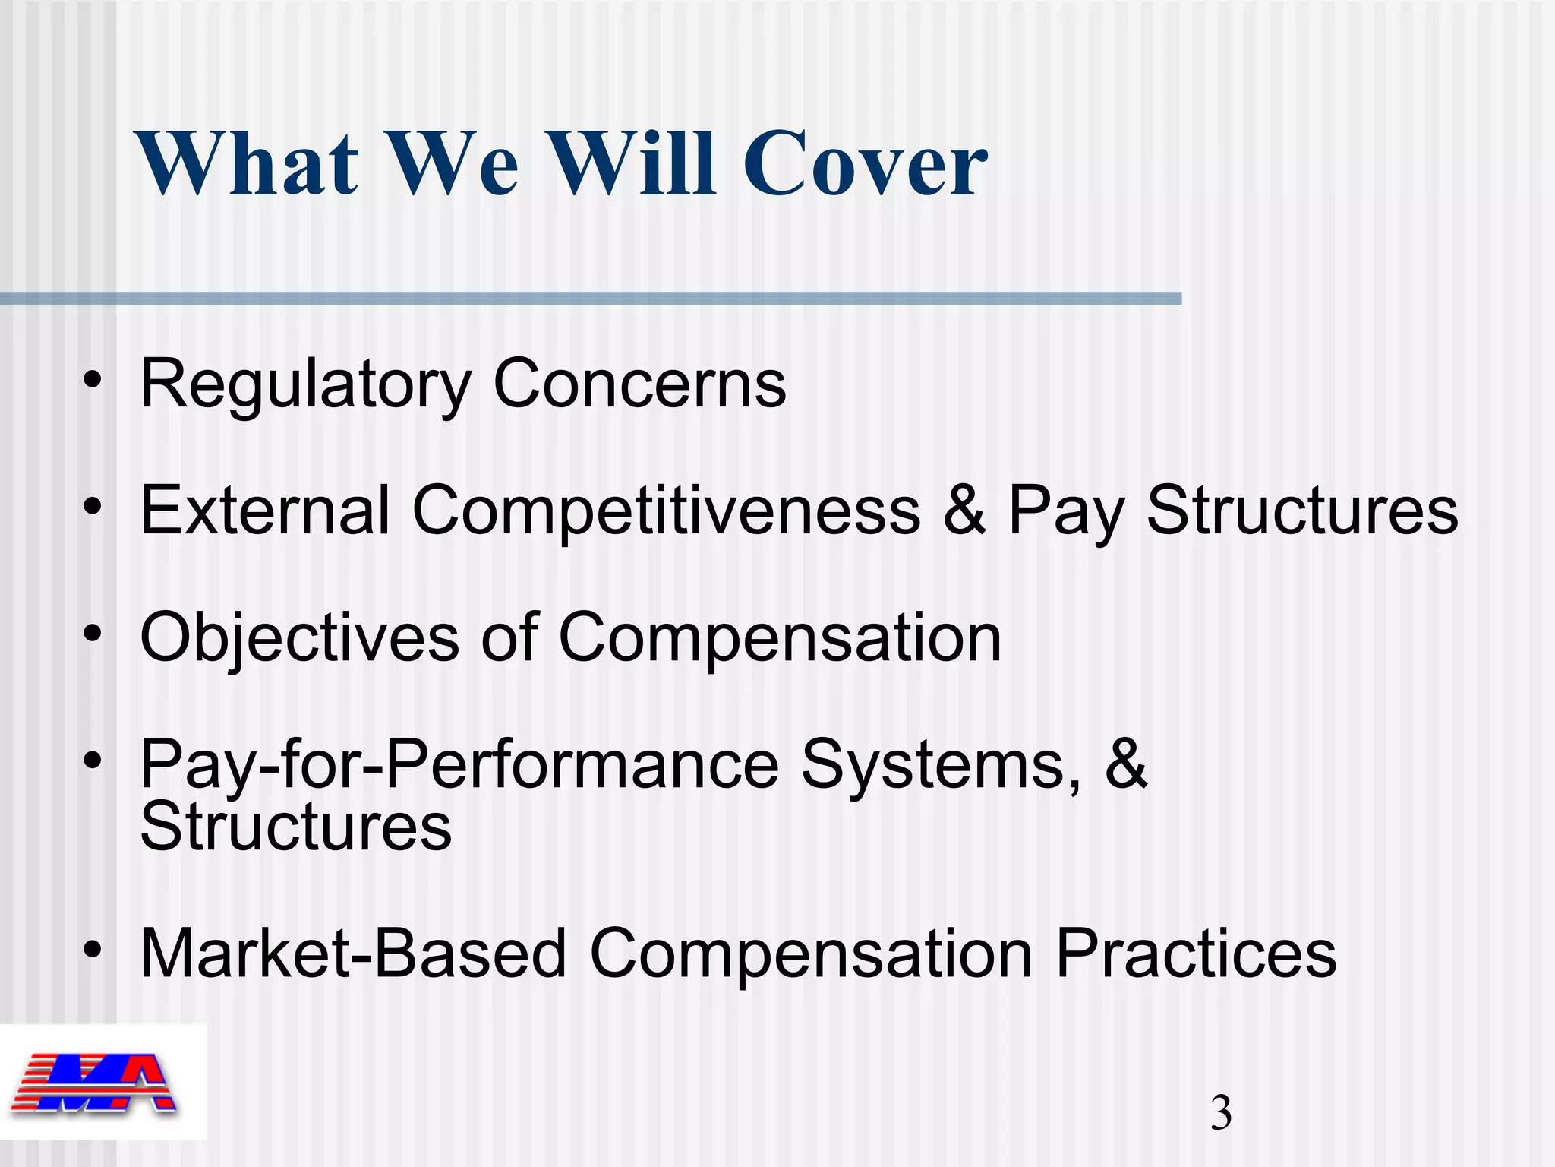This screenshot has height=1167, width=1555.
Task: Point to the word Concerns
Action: (x=639, y=384)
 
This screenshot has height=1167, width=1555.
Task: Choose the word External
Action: (x=265, y=510)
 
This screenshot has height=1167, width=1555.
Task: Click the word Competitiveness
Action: (x=666, y=510)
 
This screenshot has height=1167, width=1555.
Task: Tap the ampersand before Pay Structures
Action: (x=964, y=510)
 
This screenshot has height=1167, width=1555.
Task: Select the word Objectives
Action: (x=299, y=638)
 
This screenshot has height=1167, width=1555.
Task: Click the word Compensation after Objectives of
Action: (x=780, y=638)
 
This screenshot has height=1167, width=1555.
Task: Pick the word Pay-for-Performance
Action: (x=459, y=765)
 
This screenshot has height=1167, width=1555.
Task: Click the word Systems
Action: (x=941, y=765)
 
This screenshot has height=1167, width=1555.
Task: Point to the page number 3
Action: (x=1221, y=1114)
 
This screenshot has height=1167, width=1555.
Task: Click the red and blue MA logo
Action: (x=95, y=1083)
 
